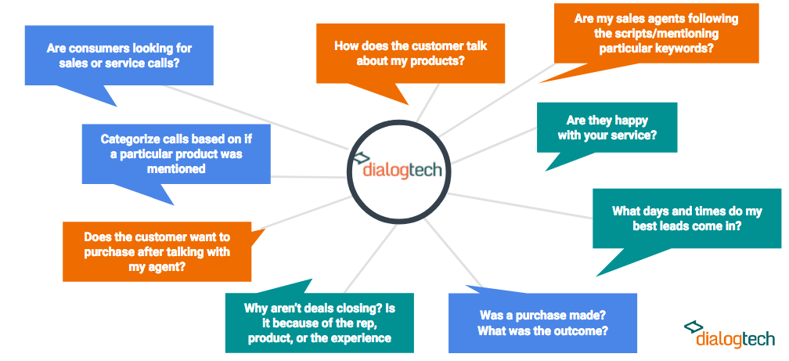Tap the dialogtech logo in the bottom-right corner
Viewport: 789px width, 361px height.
[x=730, y=334]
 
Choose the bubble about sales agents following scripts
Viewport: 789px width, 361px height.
[x=656, y=35]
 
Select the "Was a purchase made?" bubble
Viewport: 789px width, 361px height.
[x=542, y=321]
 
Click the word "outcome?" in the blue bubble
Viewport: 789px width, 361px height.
[x=584, y=332]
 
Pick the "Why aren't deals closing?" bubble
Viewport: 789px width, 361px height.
[x=319, y=320]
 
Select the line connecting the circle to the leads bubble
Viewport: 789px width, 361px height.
[x=521, y=205]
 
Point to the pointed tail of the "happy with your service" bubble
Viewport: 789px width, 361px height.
[x=546, y=171]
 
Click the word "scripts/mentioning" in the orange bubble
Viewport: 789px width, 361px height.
[x=656, y=34]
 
